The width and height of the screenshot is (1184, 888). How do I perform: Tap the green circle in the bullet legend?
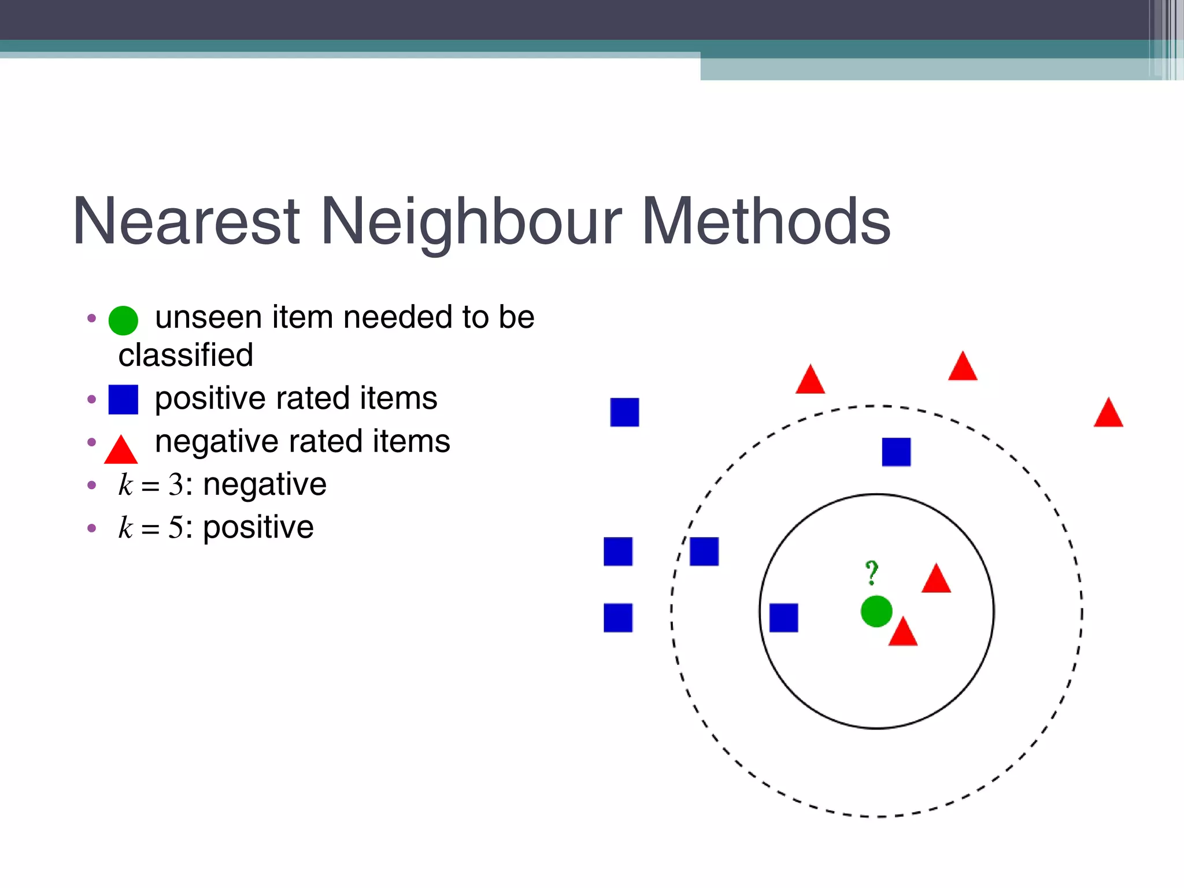(123, 320)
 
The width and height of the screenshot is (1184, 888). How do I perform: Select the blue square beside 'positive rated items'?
(123, 399)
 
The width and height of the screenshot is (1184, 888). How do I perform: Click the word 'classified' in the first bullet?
(186, 355)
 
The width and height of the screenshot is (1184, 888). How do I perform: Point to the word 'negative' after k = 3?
(265, 484)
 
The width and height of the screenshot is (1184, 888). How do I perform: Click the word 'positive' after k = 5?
(258, 527)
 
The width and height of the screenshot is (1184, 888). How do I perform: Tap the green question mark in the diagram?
(871, 572)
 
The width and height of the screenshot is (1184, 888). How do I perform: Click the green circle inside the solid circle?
(876, 611)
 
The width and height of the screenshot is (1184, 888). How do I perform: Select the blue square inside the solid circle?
(783, 617)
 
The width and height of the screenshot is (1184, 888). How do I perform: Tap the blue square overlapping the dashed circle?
(704, 551)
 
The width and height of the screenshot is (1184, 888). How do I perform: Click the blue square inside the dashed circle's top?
(896, 452)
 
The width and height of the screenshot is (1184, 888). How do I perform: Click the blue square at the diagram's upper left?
(624, 412)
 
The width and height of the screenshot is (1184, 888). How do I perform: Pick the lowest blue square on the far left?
(618, 617)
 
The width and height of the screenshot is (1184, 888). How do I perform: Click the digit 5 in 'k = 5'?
(175, 528)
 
